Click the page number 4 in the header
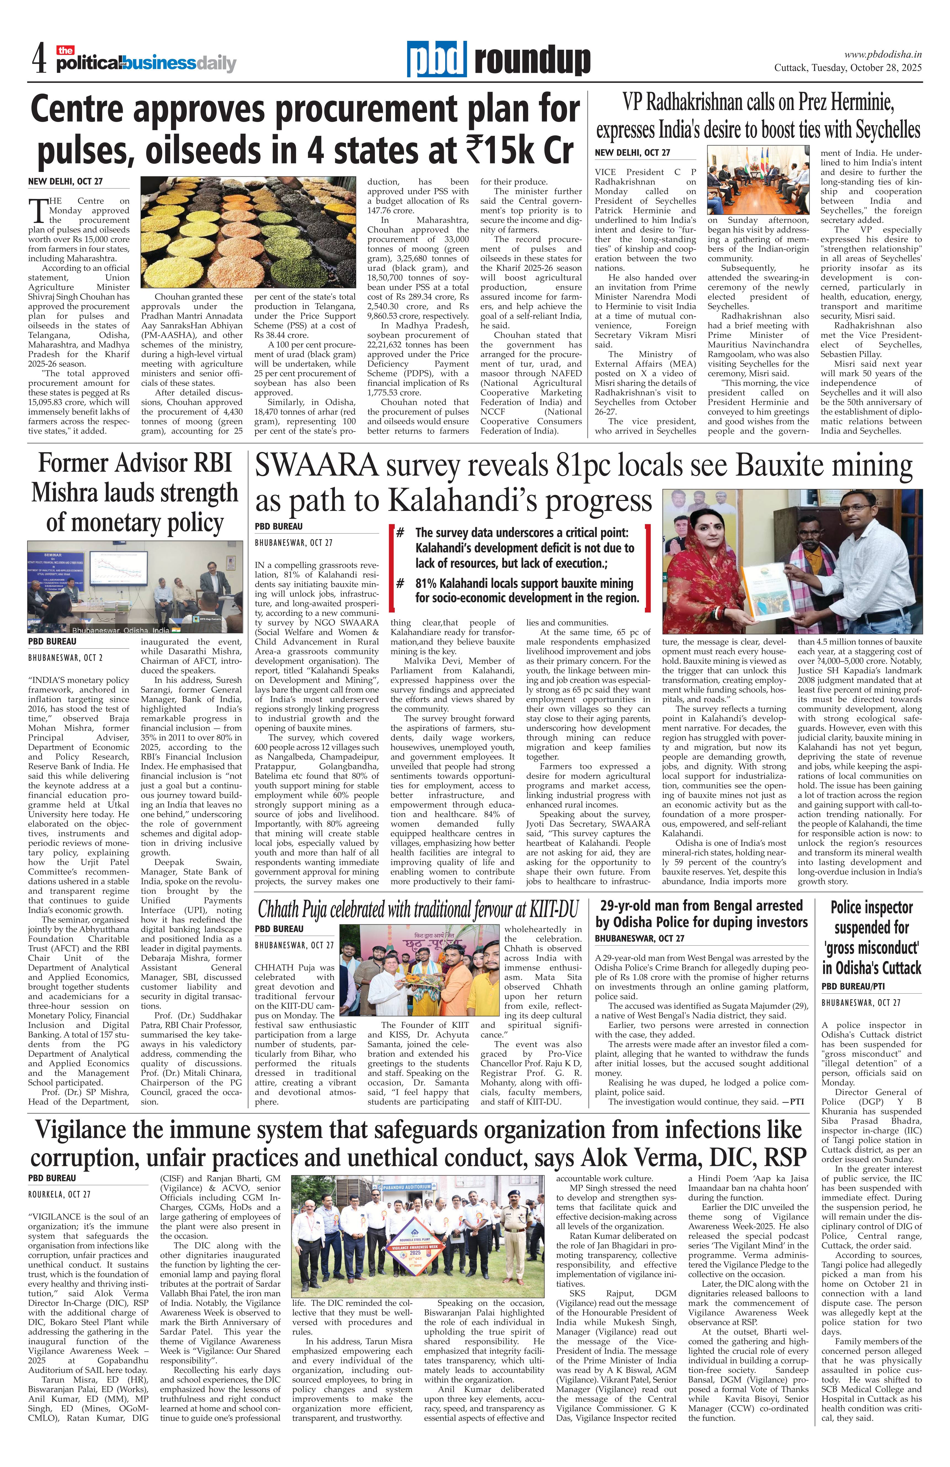click(x=39, y=60)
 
